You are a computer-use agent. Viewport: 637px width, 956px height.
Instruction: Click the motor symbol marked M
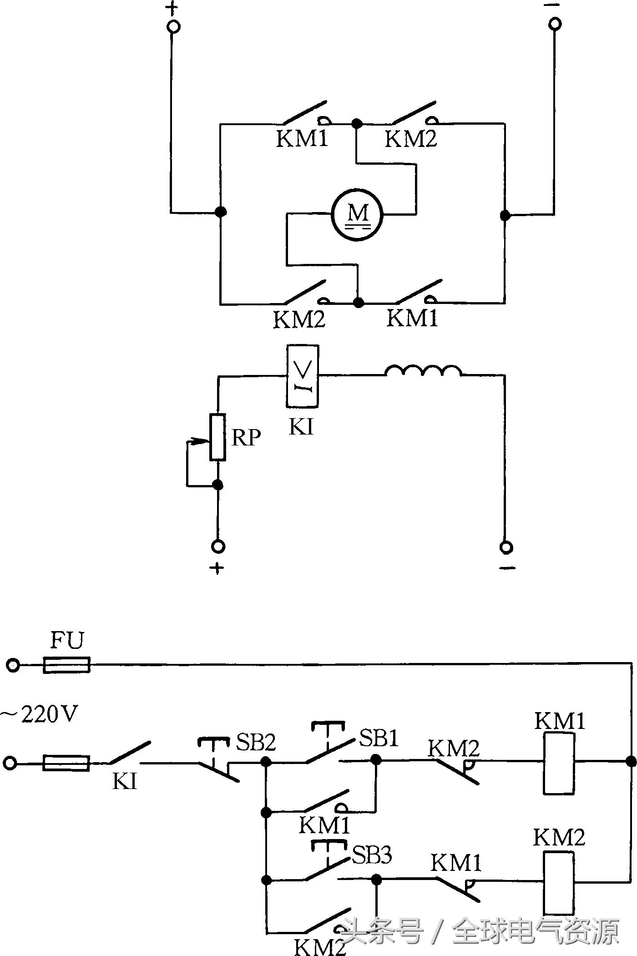tap(357, 214)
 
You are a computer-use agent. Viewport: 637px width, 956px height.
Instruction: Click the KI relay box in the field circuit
tap(303, 376)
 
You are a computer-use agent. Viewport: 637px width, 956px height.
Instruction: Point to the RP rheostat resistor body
tap(217, 437)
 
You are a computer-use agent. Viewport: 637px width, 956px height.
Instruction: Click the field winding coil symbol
tap(423, 371)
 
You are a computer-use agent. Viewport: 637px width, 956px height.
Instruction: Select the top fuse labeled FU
tap(66, 665)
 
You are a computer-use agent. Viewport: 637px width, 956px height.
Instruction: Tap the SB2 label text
tap(256, 743)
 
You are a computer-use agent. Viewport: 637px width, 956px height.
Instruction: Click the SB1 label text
tap(379, 738)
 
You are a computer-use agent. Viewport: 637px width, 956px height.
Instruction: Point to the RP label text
tap(246, 438)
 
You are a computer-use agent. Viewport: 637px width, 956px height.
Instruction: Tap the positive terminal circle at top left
tap(173, 26)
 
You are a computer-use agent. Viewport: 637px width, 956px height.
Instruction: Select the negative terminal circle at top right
tap(555, 24)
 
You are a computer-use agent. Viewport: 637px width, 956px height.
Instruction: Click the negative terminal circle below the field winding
tap(506, 546)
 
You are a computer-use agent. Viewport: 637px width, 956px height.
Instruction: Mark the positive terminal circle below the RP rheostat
tap(218, 546)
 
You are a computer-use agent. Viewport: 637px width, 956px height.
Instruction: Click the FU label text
tap(67, 641)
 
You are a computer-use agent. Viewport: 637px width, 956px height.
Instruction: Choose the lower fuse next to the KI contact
tap(66, 763)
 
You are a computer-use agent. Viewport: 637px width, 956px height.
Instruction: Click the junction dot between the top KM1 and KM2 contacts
tap(357, 123)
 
